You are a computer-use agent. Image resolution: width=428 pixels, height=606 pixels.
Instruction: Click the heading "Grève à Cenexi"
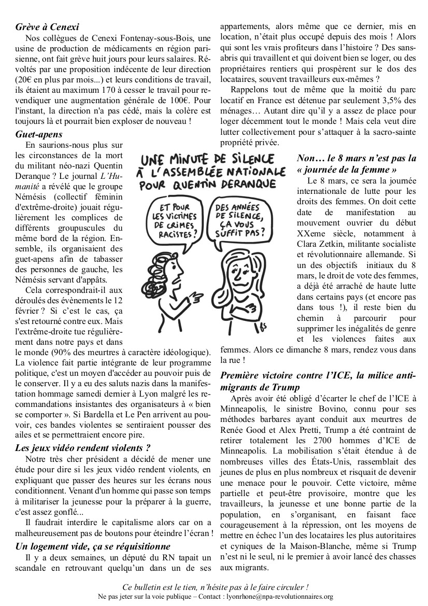click(47, 27)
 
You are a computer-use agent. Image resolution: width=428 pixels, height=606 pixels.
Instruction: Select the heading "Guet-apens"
click(38, 134)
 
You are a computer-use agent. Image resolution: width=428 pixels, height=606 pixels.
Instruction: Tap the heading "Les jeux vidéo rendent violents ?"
click(82, 447)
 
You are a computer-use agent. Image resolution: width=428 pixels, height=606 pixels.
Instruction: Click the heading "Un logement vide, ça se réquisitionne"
click(93, 546)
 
